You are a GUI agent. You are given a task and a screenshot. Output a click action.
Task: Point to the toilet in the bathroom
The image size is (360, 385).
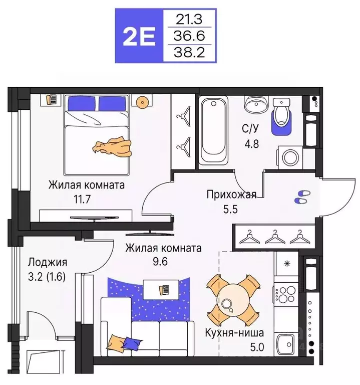click(282, 113)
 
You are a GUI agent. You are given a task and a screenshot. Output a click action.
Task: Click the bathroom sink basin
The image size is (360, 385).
click(256, 106)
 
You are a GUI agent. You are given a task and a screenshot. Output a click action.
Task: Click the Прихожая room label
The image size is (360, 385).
click(231, 195)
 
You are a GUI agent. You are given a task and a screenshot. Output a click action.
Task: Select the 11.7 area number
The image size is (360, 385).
click(82, 198)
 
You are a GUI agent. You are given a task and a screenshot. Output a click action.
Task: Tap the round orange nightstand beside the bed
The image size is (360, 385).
click(143, 102)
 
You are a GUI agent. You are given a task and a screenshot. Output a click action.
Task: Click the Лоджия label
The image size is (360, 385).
click(48, 262)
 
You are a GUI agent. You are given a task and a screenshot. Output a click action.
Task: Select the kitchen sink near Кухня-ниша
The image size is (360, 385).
click(287, 344)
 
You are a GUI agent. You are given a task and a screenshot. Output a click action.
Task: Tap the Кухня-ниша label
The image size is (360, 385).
click(234, 332)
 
